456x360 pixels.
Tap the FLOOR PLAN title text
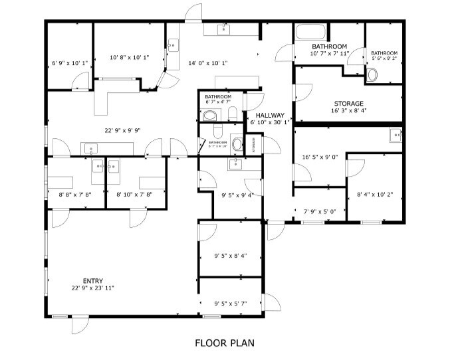coord(224,343)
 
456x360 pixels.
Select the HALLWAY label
coord(270,115)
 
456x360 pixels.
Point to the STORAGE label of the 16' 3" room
coord(348,104)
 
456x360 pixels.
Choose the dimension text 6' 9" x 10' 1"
coord(70,64)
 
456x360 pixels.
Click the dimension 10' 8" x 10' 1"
coord(129,57)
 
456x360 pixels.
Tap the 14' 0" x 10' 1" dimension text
coord(208,63)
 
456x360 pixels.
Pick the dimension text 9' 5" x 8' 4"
coord(231,255)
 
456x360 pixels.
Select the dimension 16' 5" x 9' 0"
coord(320,157)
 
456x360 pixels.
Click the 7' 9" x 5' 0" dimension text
coord(320,211)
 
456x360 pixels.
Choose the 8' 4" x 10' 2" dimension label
coord(375,195)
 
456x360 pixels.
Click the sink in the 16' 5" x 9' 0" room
coord(396,135)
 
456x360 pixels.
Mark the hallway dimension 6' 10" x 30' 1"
coord(270,122)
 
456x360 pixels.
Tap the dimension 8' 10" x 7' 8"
coord(136,195)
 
